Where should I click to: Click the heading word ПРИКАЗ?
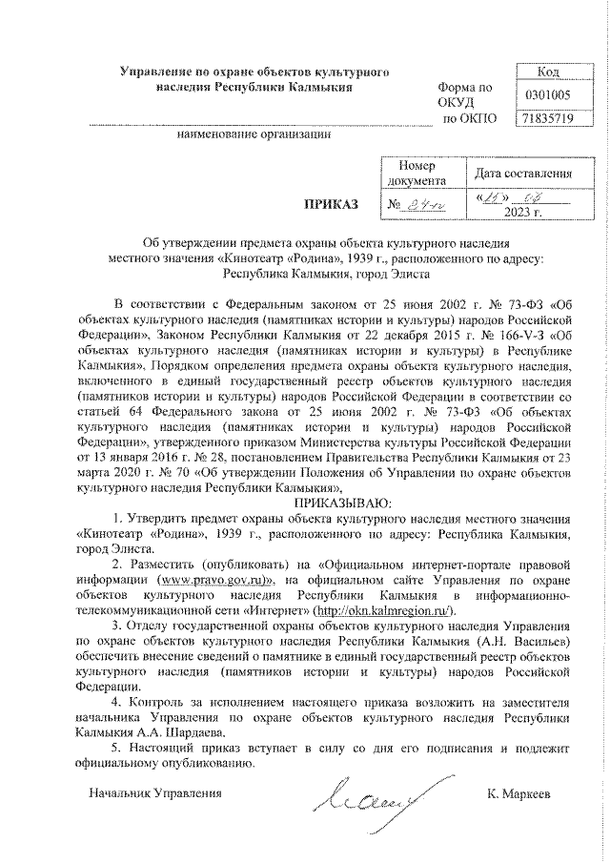(x=329, y=203)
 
